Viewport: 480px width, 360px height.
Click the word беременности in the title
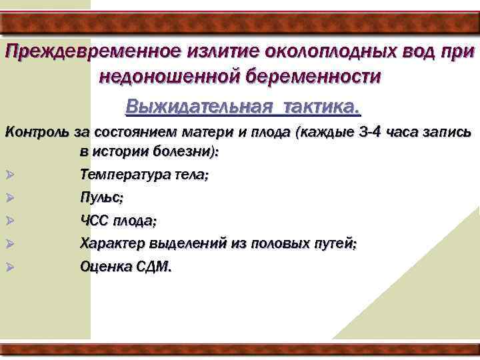point(317,77)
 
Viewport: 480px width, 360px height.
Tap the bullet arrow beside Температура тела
point(9,175)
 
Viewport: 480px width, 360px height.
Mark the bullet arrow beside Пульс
point(9,198)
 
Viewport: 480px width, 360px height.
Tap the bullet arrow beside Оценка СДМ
point(9,267)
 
